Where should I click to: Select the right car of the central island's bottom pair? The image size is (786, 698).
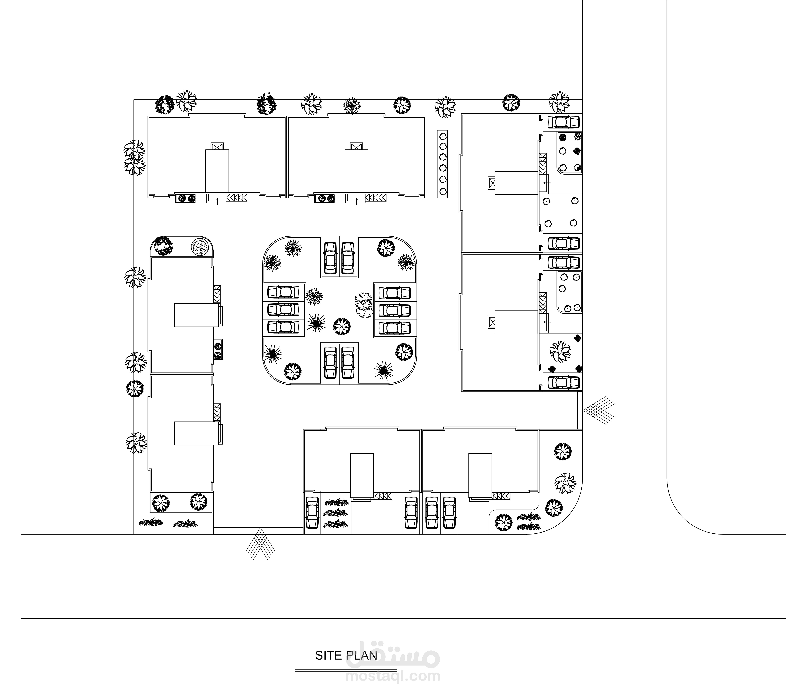[348, 363]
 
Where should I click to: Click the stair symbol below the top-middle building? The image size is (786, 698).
[376, 198]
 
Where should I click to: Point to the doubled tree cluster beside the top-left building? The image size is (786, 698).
[134, 158]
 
